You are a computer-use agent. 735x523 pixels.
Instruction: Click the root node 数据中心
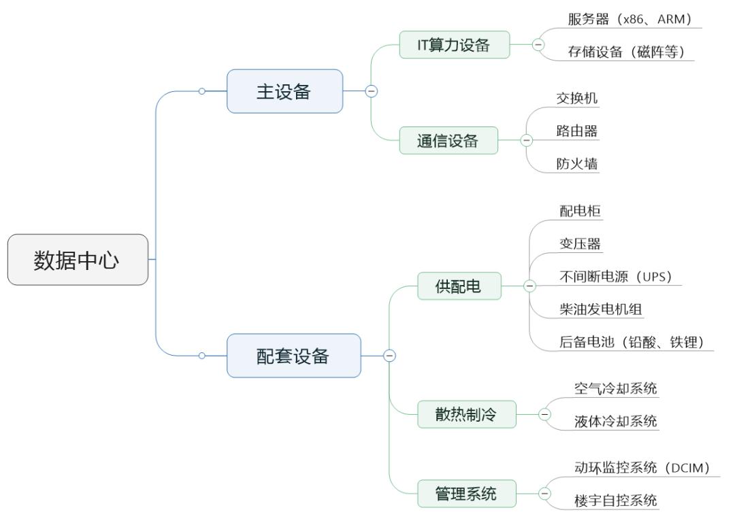pyautogui.click(x=78, y=260)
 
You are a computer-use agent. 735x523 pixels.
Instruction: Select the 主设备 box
pyautogui.click(x=284, y=91)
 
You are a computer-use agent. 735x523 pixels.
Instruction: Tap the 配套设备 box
pyautogui.click(x=293, y=356)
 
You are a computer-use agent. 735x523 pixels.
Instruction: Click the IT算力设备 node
pyautogui.click(x=454, y=45)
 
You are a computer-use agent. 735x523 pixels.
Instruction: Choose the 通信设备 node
pyautogui.click(x=448, y=141)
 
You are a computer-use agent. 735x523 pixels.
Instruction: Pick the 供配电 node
pyautogui.click(x=459, y=286)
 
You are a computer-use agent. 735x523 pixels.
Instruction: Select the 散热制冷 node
pyautogui.click(x=466, y=415)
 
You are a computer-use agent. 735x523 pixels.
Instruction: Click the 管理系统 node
pyautogui.click(x=466, y=494)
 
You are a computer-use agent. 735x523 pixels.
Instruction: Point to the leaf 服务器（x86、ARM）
pyautogui.click(x=630, y=19)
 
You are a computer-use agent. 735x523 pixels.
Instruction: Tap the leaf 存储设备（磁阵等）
pyautogui.click(x=625, y=52)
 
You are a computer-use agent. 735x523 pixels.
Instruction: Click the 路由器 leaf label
pyautogui.click(x=577, y=131)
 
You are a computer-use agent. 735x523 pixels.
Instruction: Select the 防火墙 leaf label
pyautogui.click(x=577, y=163)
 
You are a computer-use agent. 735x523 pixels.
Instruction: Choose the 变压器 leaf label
pyautogui.click(x=580, y=243)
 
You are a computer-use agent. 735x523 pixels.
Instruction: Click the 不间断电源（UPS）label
pyautogui.click(x=616, y=276)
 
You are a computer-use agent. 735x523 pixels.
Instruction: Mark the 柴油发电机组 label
pyautogui.click(x=601, y=309)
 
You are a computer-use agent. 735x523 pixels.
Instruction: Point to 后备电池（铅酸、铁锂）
pyautogui.click(x=631, y=341)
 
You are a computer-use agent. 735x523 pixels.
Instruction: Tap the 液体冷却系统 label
pyautogui.click(x=616, y=421)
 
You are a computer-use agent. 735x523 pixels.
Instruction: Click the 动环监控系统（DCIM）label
pyautogui.click(x=642, y=467)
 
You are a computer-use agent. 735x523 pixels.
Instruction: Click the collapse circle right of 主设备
pyautogui.click(x=371, y=91)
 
